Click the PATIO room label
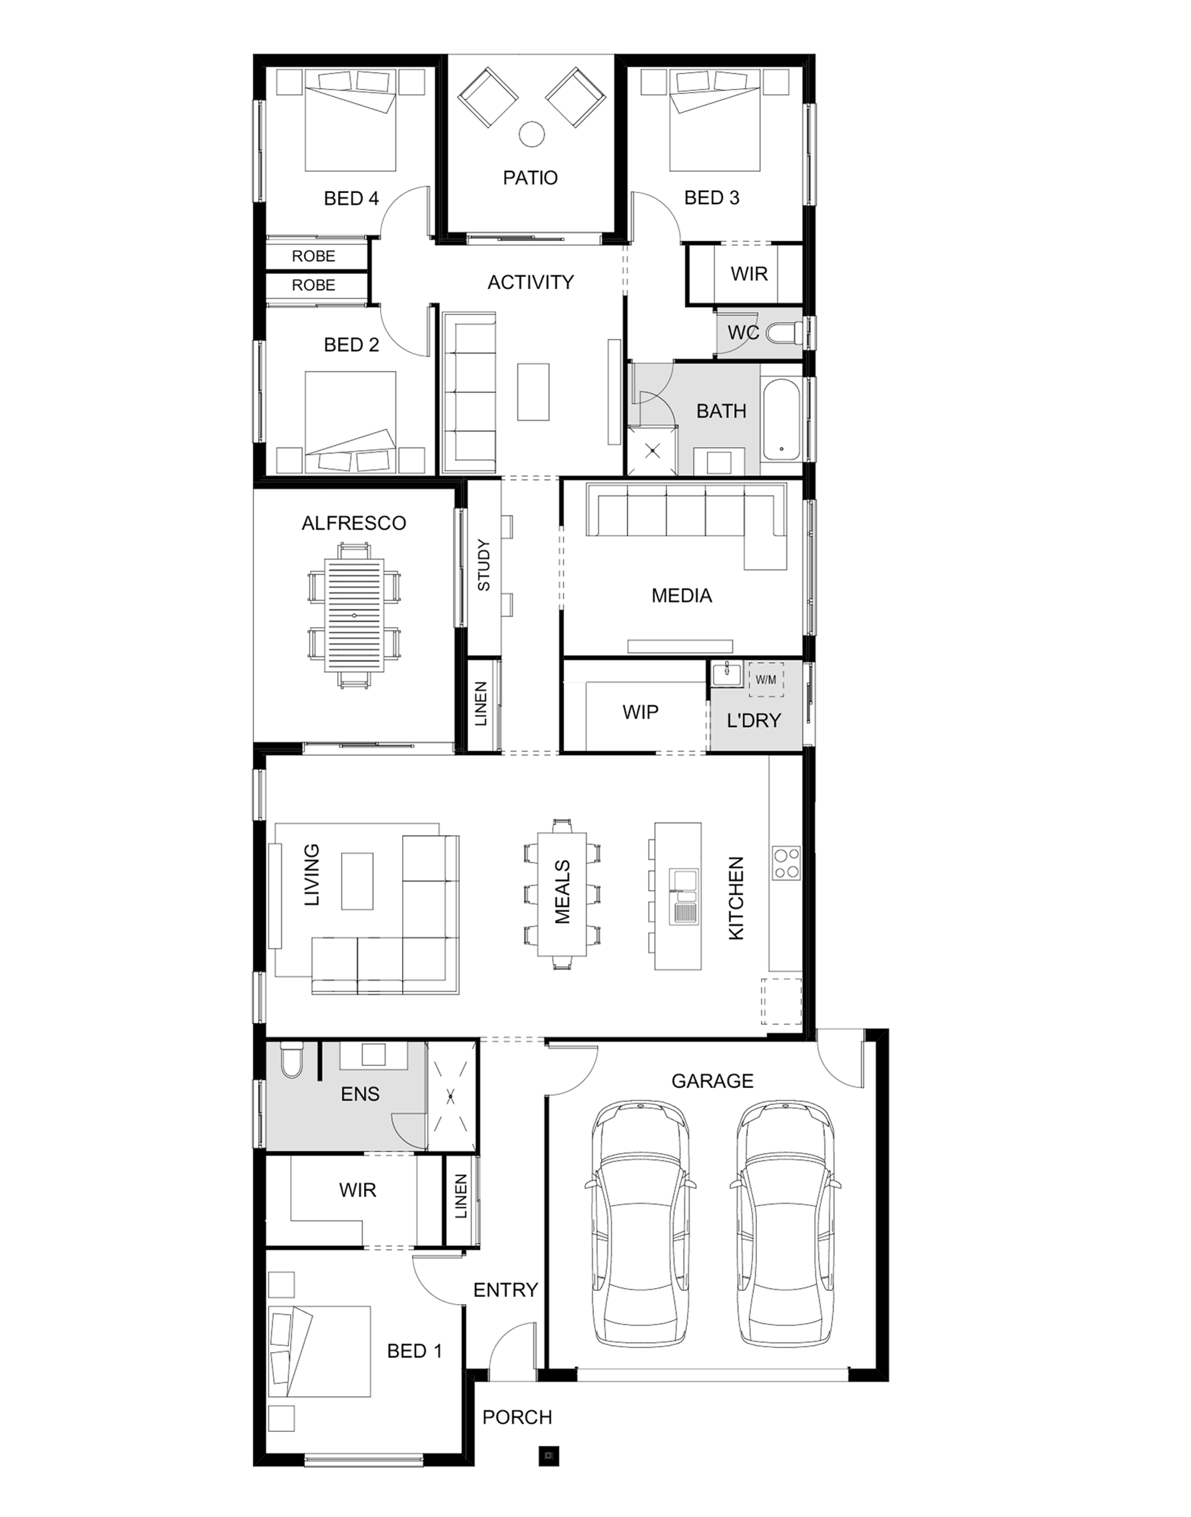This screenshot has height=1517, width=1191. click(x=530, y=178)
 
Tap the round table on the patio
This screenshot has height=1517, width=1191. click(x=533, y=134)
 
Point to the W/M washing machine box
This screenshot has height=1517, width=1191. click(x=766, y=679)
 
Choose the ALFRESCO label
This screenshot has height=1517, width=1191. click(x=353, y=523)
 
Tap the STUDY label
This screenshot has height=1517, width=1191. click(x=483, y=565)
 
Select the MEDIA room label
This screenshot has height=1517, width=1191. click(x=682, y=596)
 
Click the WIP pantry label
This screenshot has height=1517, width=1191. click(x=640, y=712)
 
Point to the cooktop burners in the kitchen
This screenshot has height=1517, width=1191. click(x=787, y=863)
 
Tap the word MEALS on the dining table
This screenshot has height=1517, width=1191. click(x=562, y=892)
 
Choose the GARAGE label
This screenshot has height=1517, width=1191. click(x=712, y=1081)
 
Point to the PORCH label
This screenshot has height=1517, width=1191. click(x=517, y=1417)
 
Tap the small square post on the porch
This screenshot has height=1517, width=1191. click(x=549, y=1456)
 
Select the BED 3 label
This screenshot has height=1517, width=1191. click(x=712, y=198)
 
